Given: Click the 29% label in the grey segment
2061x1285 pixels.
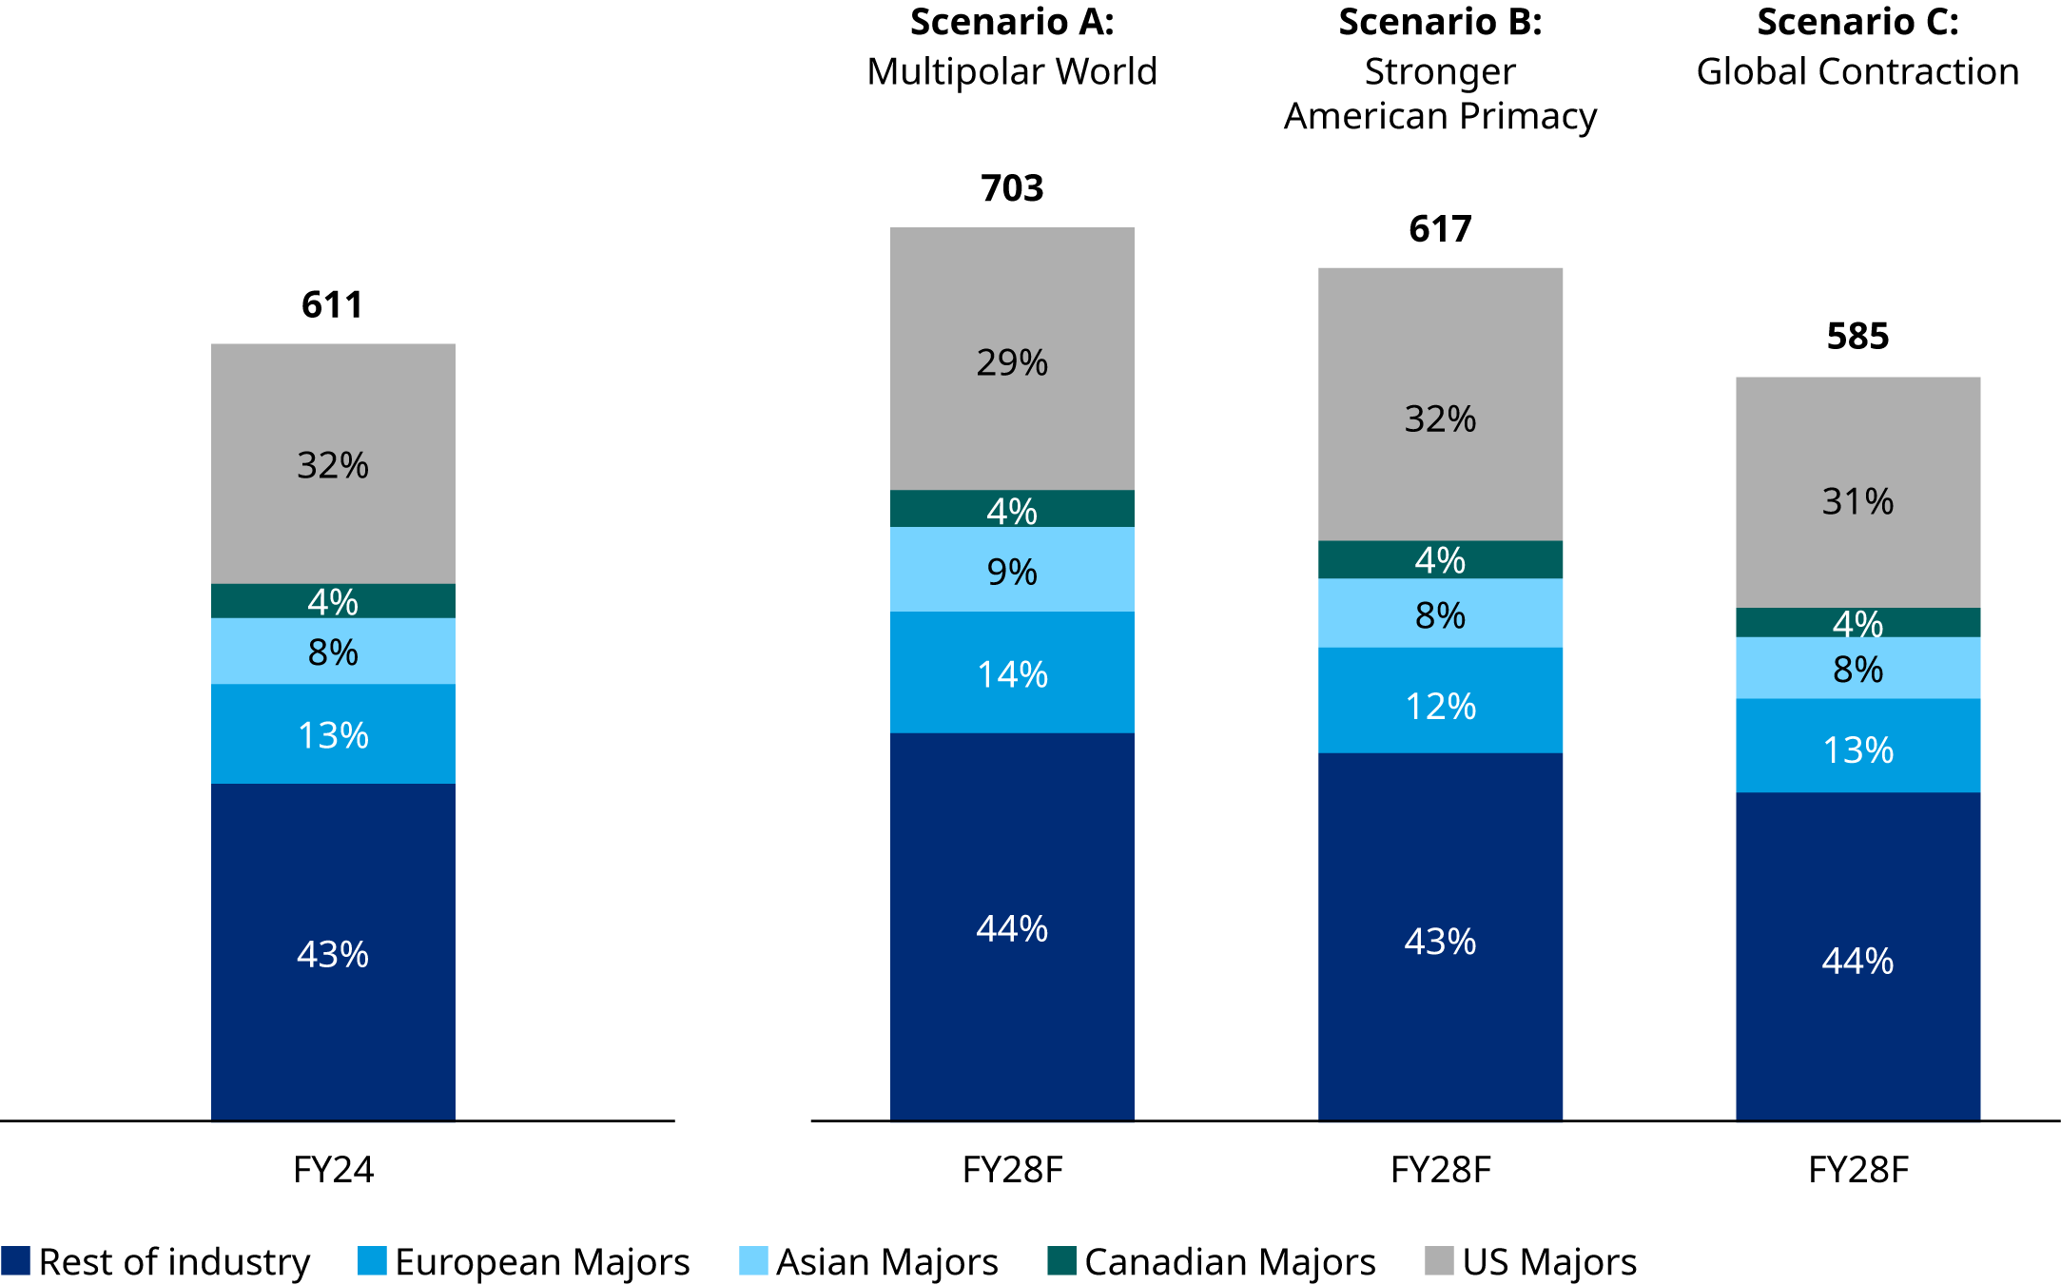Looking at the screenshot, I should click(1012, 363).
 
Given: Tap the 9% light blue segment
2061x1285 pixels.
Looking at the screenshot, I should click(1012, 570).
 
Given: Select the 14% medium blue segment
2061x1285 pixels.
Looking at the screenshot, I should click(1012, 672).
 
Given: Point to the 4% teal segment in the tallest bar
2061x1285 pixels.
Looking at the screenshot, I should click(1012, 509).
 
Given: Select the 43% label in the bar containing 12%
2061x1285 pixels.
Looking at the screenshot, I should click(1440, 942).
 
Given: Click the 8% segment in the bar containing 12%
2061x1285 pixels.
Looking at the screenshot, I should click(1440, 613).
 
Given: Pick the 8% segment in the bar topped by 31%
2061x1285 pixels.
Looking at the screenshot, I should click(1857, 669).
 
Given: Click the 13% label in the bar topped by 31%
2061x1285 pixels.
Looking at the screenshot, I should click(1857, 750).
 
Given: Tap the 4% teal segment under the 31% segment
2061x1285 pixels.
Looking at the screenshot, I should click(1857, 623).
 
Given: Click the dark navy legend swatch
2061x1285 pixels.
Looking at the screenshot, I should click(15, 1260).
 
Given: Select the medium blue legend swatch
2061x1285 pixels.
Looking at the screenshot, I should click(372, 1260).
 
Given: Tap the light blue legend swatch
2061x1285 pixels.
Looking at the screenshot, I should click(753, 1260).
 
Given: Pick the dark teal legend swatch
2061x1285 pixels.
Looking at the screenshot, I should click(1061, 1260).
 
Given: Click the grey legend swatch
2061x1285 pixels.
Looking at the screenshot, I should click(1439, 1260).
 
